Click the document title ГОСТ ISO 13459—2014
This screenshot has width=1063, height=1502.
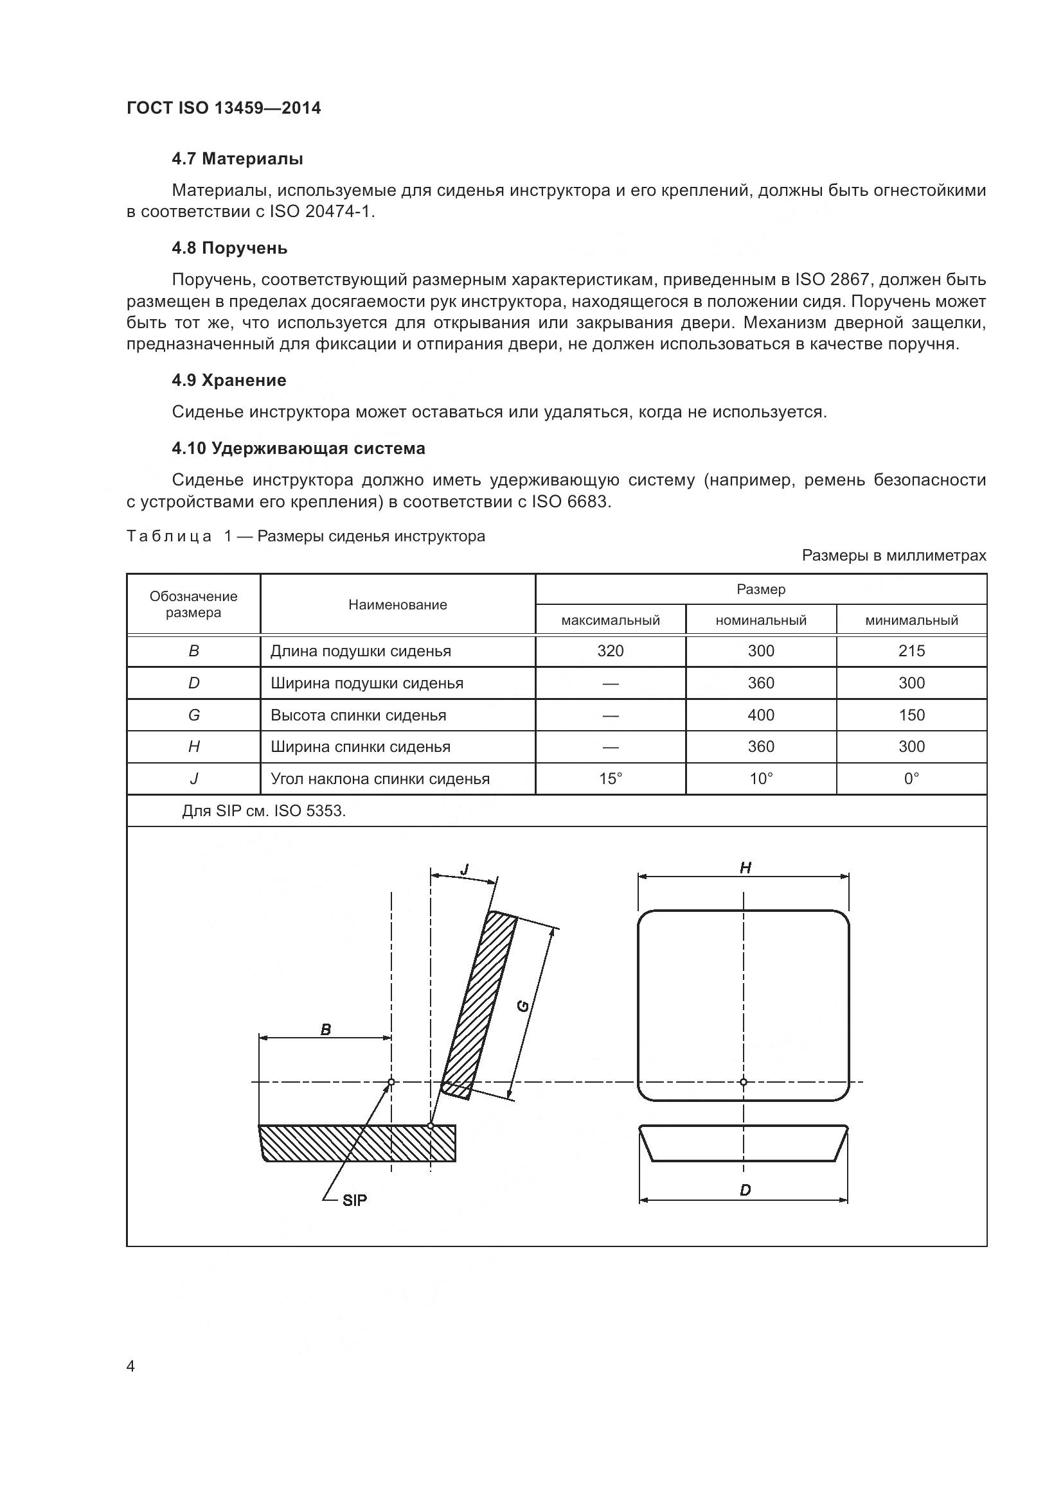(x=223, y=108)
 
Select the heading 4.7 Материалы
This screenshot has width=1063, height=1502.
(x=237, y=159)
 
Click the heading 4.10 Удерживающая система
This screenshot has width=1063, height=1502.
(x=298, y=448)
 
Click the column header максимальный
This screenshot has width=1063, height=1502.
(x=610, y=620)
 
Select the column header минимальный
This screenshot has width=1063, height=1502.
(x=911, y=620)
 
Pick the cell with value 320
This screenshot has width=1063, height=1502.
(x=610, y=651)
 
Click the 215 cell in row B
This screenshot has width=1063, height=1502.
(x=911, y=651)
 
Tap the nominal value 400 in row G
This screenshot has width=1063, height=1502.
(x=760, y=715)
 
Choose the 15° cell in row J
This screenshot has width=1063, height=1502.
(x=610, y=778)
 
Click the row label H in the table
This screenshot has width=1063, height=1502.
(x=193, y=746)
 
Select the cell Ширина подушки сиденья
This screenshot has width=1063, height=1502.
(x=366, y=683)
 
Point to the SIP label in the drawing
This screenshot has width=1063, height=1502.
(x=355, y=1199)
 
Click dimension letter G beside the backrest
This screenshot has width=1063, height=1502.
(x=523, y=1006)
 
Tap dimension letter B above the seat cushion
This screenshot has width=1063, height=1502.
(x=325, y=1029)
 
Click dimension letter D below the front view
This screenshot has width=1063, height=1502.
(x=745, y=1190)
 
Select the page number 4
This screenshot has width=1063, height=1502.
(x=130, y=1367)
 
